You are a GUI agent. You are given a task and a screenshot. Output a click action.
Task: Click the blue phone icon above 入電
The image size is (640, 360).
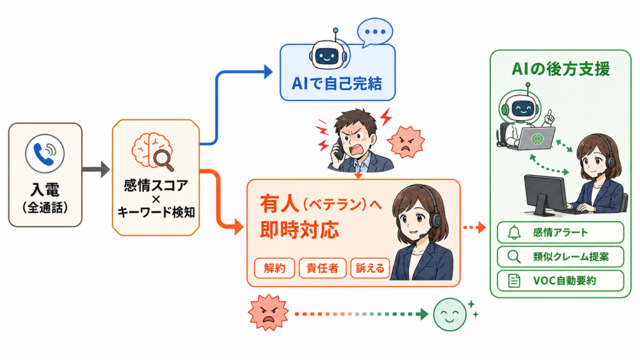(44, 154)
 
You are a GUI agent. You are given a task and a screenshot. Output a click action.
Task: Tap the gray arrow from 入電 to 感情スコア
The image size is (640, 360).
(96, 169)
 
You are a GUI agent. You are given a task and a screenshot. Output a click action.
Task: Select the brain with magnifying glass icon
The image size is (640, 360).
(152, 151)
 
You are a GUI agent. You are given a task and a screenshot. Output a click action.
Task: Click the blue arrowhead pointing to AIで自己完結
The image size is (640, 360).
(268, 72)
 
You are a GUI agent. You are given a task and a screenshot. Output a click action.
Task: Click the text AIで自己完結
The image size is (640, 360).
(337, 84)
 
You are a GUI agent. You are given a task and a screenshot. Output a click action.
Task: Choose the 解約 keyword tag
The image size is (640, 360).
(274, 268)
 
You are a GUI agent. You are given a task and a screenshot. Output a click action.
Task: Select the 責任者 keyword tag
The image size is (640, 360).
(322, 268)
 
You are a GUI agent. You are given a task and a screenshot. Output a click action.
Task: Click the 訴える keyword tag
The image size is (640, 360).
(370, 268)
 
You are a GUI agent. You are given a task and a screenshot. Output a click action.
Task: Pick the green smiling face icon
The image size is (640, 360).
(450, 314)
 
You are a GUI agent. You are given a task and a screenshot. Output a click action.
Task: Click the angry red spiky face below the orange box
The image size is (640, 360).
(268, 312)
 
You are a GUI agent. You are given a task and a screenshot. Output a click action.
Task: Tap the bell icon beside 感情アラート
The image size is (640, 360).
(514, 232)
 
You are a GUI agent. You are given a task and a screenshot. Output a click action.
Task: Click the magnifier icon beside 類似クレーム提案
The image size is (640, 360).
(514, 257)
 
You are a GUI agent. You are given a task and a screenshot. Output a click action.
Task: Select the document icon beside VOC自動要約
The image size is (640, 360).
(514, 281)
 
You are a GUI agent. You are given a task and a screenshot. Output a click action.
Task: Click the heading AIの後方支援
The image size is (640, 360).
(561, 69)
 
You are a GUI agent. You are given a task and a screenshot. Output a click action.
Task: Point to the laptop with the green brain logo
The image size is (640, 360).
(536, 139)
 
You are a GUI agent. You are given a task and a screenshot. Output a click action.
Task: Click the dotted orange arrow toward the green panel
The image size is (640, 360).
(474, 227)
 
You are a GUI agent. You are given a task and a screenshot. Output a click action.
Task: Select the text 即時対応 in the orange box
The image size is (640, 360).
(299, 230)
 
